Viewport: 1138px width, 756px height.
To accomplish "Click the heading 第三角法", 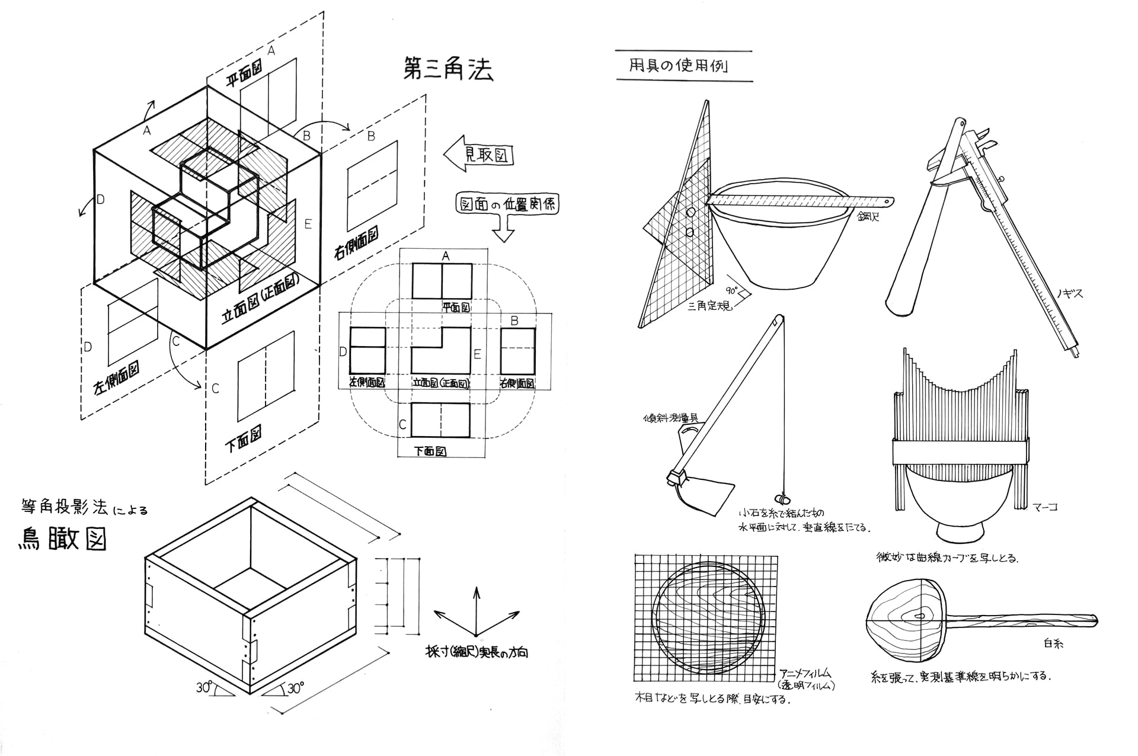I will click(447, 69).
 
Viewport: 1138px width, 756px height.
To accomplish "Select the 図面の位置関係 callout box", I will click(507, 204).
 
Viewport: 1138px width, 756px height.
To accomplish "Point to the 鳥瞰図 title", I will click(62, 539).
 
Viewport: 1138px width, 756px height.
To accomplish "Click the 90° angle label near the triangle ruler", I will click(733, 291).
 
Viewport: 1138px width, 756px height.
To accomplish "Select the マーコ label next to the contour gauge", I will click(1044, 507).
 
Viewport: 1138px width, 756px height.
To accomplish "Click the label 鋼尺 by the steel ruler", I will click(868, 217).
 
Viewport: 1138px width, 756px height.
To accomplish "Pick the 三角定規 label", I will click(709, 306).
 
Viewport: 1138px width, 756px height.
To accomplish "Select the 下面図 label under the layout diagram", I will click(430, 451).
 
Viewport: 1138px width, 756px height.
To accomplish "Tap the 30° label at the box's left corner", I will click(204, 687).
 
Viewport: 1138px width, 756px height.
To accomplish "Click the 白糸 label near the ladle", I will click(1053, 643).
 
